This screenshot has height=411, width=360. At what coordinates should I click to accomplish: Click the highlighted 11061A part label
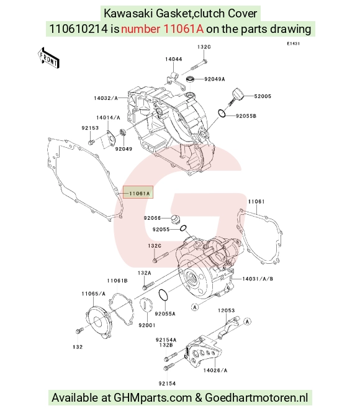click(x=139, y=194)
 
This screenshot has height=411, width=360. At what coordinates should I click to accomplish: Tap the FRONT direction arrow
click(x=48, y=58)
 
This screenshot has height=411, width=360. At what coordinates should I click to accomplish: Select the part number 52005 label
click(x=263, y=96)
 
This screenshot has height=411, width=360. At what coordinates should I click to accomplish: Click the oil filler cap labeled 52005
click(x=237, y=96)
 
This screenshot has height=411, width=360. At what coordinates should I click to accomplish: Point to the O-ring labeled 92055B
click(x=222, y=113)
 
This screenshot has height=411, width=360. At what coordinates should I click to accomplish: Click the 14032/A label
click(x=106, y=98)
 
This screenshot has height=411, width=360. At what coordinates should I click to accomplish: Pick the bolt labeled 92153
click(x=91, y=142)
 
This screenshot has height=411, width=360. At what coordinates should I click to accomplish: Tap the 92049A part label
click(x=215, y=79)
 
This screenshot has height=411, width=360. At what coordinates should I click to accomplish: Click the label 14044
click(x=173, y=59)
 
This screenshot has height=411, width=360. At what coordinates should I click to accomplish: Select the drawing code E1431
click(x=293, y=43)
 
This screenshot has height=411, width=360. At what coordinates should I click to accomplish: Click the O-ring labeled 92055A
click(x=163, y=295)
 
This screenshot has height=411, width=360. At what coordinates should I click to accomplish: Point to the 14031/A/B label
click(x=258, y=279)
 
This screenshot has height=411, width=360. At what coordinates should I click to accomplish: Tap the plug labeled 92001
click(x=145, y=304)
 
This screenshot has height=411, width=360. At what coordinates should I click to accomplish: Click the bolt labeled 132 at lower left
click(x=79, y=330)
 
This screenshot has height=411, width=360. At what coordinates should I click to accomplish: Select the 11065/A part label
click(x=93, y=294)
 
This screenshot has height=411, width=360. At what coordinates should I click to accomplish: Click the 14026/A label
click(x=215, y=370)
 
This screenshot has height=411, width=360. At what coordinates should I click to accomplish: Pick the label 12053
click(x=227, y=310)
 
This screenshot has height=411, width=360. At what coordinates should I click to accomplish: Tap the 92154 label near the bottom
click(x=167, y=384)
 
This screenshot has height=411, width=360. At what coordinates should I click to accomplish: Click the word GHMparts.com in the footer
click(x=153, y=397)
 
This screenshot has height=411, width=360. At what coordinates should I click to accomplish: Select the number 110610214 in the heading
click(x=78, y=29)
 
